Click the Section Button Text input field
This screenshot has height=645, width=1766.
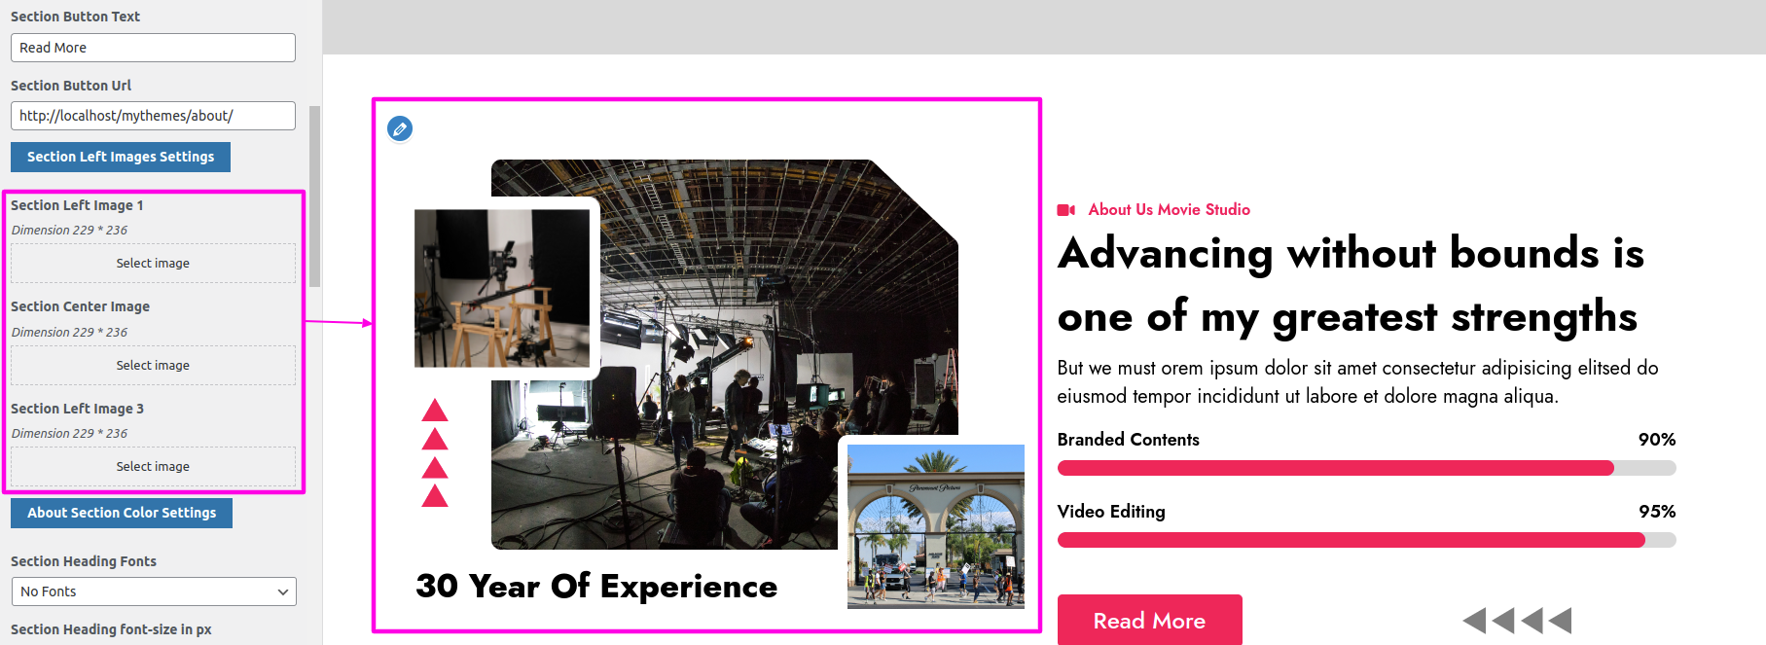click(153, 48)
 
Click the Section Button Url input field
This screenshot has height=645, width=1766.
click(153, 116)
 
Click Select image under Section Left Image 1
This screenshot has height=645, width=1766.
click(153, 264)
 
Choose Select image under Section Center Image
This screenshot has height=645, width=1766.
click(153, 366)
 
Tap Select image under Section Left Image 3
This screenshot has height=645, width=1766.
click(153, 467)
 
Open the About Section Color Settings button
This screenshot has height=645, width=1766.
click(122, 513)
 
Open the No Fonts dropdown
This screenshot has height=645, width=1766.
click(154, 591)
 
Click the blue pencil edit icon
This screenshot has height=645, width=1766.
click(400, 128)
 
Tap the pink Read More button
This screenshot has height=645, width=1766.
click(1149, 620)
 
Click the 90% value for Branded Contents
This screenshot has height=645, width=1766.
click(1657, 440)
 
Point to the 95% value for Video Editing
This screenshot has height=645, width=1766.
click(1657, 512)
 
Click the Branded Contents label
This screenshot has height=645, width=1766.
click(1129, 440)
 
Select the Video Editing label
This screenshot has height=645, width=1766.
click(1111, 512)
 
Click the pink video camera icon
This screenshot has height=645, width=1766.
click(1066, 210)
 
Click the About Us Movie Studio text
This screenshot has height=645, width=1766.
click(1170, 210)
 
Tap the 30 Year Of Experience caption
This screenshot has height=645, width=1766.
click(596, 587)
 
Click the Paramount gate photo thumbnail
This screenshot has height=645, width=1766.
click(936, 526)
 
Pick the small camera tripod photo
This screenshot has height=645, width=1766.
click(502, 288)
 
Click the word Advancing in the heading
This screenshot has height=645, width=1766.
click(1166, 254)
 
